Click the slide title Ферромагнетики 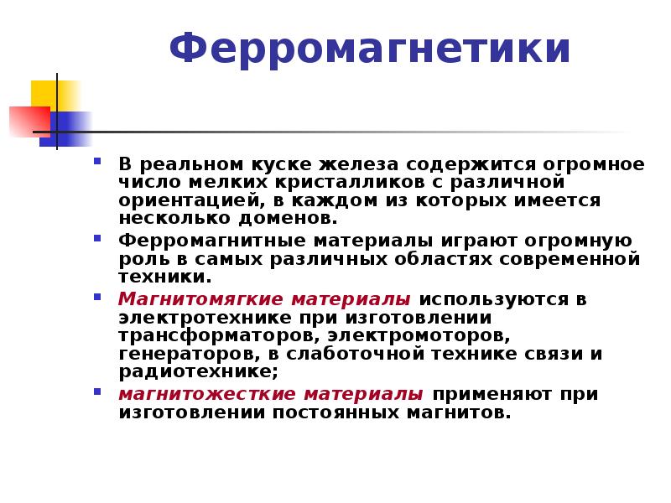click(370, 49)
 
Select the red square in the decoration click(29, 122)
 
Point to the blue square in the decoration click(66, 129)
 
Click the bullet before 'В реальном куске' click(97, 161)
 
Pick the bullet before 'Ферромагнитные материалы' click(97, 238)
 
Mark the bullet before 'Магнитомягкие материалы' click(97, 297)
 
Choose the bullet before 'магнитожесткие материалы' click(97, 392)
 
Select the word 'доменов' click(288, 219)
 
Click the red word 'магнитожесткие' click(207, 394)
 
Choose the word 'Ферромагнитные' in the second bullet click(212, 241)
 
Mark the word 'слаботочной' click(355, 354)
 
